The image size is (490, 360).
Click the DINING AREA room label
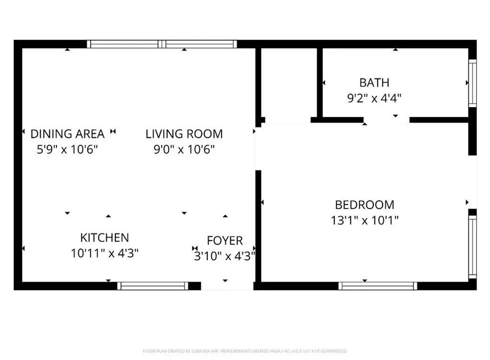pyautogui.click(x=67, y=134)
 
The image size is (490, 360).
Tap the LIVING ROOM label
pyautogui.click(x=184, y=134)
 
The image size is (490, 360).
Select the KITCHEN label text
pyautogui.click(x=104, y=238)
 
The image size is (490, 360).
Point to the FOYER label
pyautogui.click(x=225, y=240)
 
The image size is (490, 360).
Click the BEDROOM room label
pyautogui.click(x=365, y=205)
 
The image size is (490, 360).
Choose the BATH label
pyautogui.click(x=374, y=83)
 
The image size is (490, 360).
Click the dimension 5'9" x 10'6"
pyautogui.click(x=67, y=150)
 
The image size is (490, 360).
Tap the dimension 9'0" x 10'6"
pyautogui.click(x=184, y=150)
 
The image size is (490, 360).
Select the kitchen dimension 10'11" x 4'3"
pyautogui.click(x=105, y=253)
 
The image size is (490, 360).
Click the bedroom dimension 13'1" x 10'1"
pyautogui.click(x=365, y=220)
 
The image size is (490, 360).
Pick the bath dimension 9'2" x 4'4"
pyautogui.click(x=374, y=98)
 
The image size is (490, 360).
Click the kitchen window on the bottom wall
pyautogui.click(x=153, y=286)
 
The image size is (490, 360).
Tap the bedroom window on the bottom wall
pyautogui.click(x=378, y=286)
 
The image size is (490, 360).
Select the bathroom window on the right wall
pyautogui.click(x=472, y=83)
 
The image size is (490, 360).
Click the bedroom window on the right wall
pyautogui.click(x=472, y=246)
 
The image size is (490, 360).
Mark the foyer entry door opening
pyautogui.click(x=226, y=286)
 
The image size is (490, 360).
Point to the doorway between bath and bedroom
pyautogui.click(x=386, y=120)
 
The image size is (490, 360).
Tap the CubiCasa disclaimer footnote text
pyautogui.click(x=245, y=351)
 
